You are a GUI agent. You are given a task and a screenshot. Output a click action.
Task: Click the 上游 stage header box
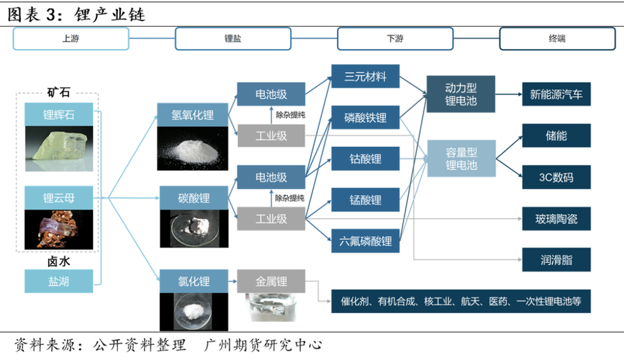(x=71, y=39)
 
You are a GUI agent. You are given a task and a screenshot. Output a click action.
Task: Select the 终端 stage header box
(x=556, y=39)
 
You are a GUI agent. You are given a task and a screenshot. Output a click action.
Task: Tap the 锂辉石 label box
(x=58, y=114)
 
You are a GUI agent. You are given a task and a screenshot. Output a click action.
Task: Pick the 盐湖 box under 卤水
(x=58, y=281)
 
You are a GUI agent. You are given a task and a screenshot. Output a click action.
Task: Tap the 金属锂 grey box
(x=271, y=280)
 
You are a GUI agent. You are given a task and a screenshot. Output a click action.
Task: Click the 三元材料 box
(x=365, y=76)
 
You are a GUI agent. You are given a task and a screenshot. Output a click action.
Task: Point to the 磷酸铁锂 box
(x=365, y=117)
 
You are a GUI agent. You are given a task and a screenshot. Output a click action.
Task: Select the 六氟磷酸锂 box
(x=365, y=241)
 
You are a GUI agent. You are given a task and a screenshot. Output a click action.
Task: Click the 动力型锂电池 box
(x=461, y=93)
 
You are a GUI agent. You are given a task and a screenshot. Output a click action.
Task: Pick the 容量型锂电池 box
(x=461, y=158)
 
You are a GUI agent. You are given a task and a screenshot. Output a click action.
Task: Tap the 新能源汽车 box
(x=556, y=94)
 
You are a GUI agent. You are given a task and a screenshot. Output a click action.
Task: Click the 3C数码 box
(x=556, y=177)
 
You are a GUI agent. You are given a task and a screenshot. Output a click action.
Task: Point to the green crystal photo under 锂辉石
(x=58, y=150)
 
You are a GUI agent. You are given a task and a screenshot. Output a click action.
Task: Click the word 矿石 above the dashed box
(x=58, y=92)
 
